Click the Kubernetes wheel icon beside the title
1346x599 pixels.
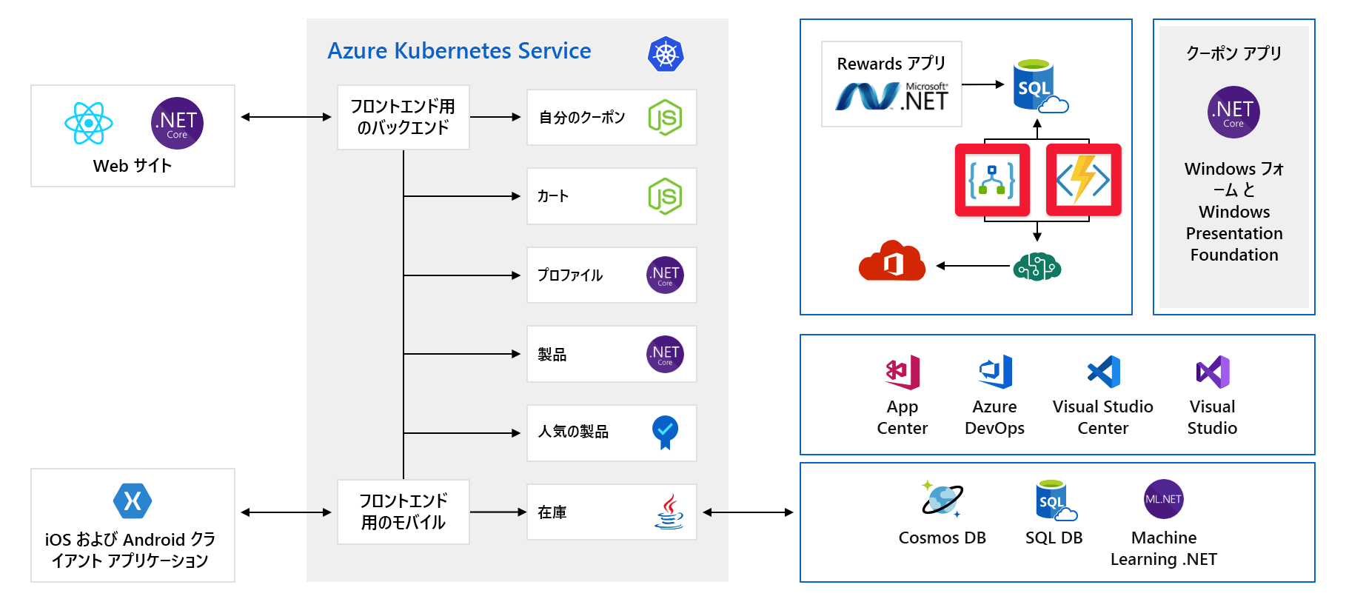coord(665,54)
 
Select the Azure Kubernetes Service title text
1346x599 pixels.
coord(459,51)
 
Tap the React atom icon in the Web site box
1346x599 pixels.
coord(89,123)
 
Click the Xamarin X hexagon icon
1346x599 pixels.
coord(133,501)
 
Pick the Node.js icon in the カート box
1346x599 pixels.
coord(665,196)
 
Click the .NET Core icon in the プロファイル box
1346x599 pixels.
coord(665,275)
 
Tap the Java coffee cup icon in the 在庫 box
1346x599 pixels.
coord(669,512)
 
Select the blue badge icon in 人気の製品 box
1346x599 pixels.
coord(665,432)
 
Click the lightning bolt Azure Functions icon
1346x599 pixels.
coord(1083,180)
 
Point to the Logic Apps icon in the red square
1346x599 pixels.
coord(992,180)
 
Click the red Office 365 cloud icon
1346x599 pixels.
coord(892,261)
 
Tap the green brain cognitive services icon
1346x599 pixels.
coord(1037,266)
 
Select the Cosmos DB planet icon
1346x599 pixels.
coord(942,499)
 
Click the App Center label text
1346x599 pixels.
coord(902,418)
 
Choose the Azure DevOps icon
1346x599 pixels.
coord(995,372)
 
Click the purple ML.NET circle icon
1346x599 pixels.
coord(1163,499)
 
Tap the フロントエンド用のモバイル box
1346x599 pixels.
coord(403,512)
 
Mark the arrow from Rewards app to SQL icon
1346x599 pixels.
coord(983,85)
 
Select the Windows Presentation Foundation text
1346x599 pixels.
coord(1234,233)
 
